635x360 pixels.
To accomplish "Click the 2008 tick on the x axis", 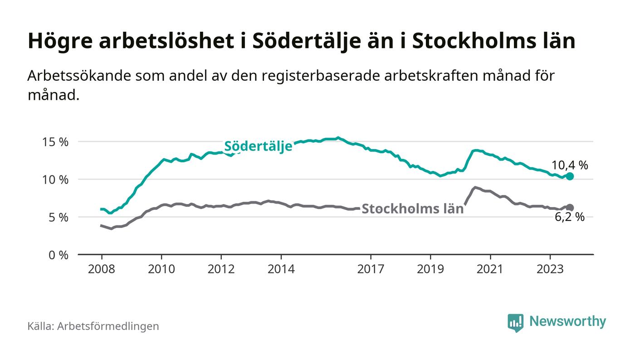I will [x=101, y=269].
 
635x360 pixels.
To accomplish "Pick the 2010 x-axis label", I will [x=161, y=269].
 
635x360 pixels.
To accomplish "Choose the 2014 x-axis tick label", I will [x=281, y=269].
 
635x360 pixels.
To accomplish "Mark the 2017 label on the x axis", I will [x=371, y=269].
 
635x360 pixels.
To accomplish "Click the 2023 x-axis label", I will [x=550, y=269].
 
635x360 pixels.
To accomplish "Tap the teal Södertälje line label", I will [x=258, y=147].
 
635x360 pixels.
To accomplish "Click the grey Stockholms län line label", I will [x=412, y=209].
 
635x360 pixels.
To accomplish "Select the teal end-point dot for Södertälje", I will [x=570, y=176].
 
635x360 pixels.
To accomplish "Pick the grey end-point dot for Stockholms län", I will [x=570, y=208].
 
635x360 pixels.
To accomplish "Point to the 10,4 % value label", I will [x=570, y=165].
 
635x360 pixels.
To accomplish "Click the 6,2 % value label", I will [x=570, y=217].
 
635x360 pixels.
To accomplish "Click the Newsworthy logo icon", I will [x=515, y=322].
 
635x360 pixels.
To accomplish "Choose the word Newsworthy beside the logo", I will [x=567, y=321].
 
